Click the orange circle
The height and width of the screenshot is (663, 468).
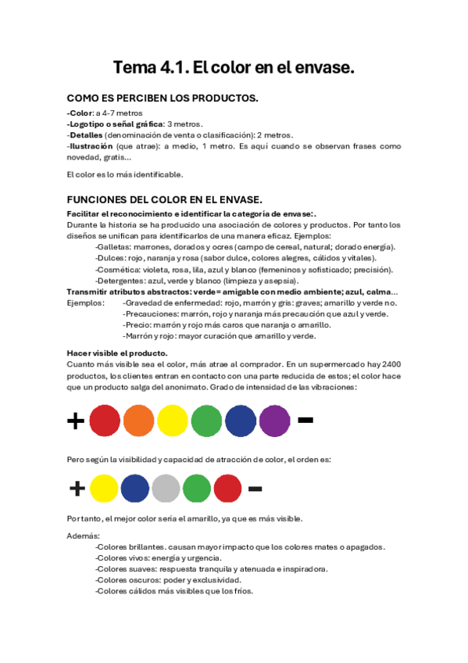[138, 421]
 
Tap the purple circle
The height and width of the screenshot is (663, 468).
[274, 421]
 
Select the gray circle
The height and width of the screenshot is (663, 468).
[166, 489]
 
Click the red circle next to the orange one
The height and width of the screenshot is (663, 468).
[105, 421]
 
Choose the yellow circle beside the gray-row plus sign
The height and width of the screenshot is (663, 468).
[105, 489]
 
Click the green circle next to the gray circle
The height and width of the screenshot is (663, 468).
[197, 489]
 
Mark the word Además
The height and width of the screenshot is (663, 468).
[84, 536]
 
